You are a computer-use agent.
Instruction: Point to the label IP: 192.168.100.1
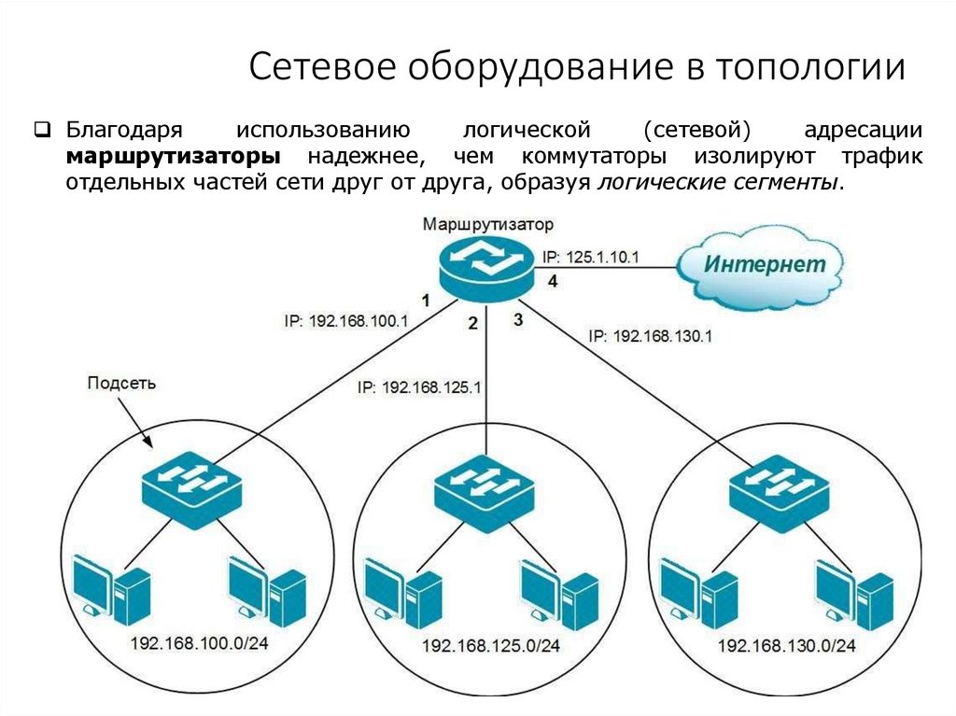tap(346, 320)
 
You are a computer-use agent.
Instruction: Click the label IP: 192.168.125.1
tap(418, 386)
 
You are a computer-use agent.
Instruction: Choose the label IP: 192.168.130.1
tap(651, 336)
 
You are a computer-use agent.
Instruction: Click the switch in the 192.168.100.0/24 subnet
tap(192, 483)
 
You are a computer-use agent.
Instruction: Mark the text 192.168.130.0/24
tap(786, 646)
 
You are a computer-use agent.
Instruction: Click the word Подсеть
tap(121, 382)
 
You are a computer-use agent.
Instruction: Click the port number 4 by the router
tap(553, 281)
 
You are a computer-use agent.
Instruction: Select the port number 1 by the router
tap(426, 301)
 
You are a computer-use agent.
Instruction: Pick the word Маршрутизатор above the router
tap(486, 225)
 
